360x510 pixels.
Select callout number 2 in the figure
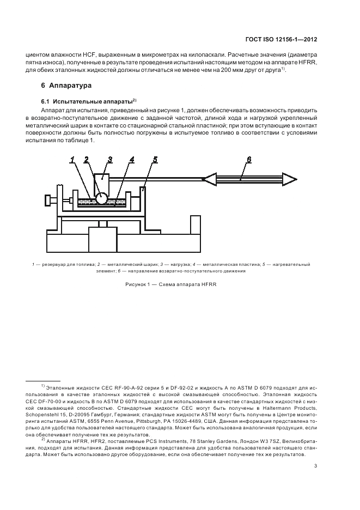(87, 160)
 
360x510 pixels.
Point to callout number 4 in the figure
(132, 160)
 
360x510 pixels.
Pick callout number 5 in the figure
(155, 160)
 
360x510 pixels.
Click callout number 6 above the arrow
(248, 159)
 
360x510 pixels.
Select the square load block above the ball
(102, 180)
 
